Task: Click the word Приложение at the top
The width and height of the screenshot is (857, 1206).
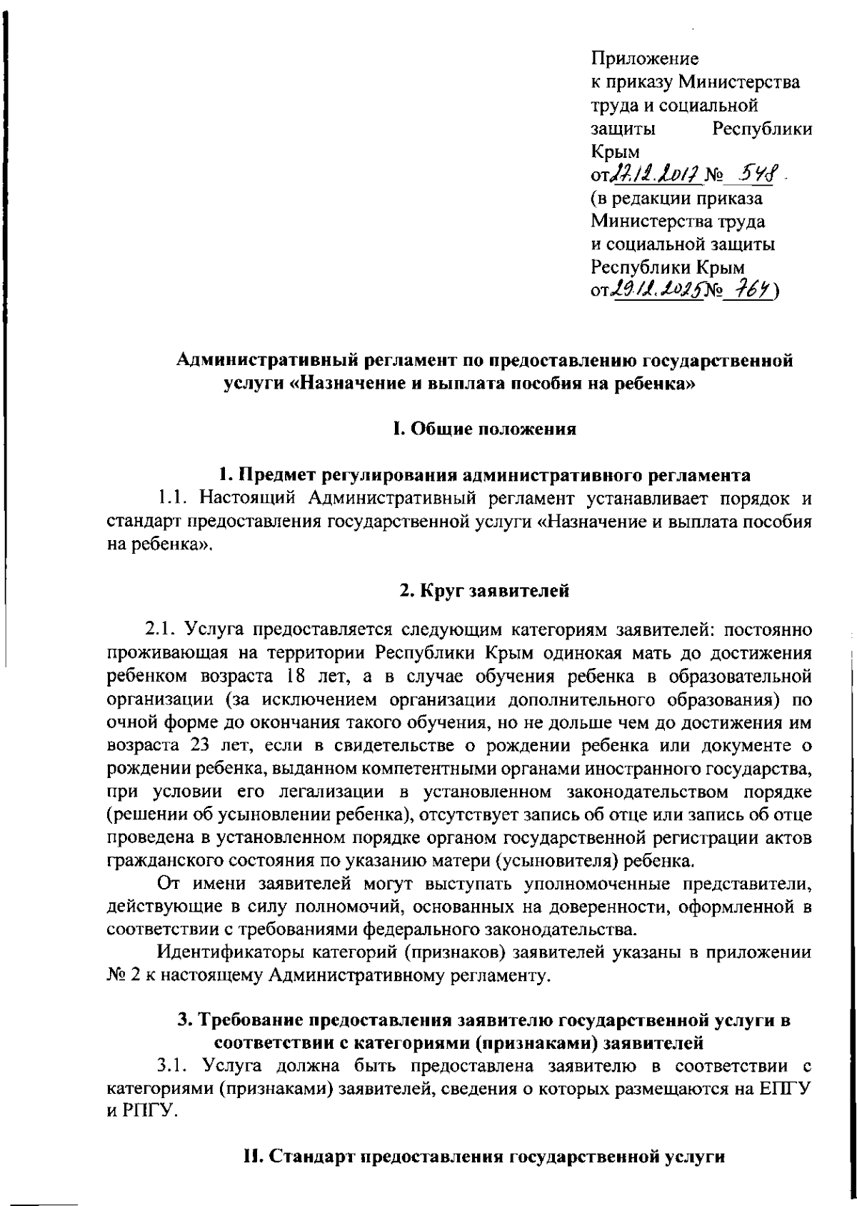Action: tap(645, 58)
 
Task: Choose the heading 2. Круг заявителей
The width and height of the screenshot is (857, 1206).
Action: tap(483, 590)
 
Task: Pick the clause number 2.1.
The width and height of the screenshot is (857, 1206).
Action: tap(161, 629)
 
